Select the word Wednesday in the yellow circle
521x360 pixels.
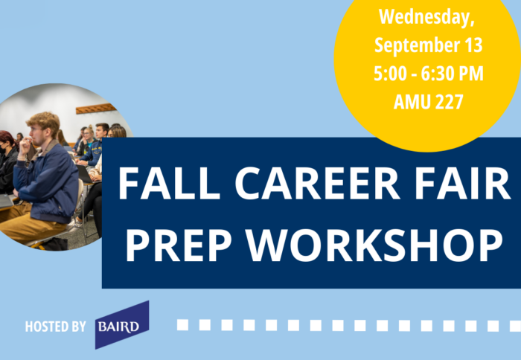[x=428, y=16]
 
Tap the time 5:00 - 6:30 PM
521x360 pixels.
[x=428, y=73]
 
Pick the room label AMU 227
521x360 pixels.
[x=428, y=101]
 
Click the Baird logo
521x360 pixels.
[x=121, y=325]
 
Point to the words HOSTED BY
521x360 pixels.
[x=55, y=327]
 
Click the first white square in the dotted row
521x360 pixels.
[x=182, y=325]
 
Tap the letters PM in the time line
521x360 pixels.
[x=473, y=73]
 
